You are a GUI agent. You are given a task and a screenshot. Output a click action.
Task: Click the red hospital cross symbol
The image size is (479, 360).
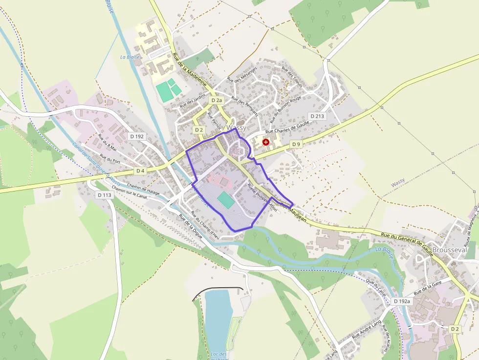[265, 142]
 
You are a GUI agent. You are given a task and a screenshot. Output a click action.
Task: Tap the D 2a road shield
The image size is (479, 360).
[217, 100]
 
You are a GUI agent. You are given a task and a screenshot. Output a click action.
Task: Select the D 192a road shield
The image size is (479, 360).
[402, 301]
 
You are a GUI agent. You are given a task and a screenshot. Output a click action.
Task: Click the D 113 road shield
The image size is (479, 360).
[105, 195]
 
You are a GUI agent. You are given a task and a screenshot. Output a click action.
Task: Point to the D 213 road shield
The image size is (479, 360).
[317, 116]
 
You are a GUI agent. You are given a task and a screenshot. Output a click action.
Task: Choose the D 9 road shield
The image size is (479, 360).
[296, 144]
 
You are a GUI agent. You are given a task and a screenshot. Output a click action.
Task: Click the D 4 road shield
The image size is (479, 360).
[140, 170]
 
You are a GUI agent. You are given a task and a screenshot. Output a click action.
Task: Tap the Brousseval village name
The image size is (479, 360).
[449, 250]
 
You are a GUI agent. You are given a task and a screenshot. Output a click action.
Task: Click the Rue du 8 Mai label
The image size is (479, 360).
[108, 142]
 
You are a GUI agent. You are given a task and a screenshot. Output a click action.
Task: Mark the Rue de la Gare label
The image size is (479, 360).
[428, 288]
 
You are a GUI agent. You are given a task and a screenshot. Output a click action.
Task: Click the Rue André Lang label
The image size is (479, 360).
[366, 330]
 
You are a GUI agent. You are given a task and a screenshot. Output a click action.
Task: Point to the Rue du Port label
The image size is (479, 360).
[110, 159]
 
